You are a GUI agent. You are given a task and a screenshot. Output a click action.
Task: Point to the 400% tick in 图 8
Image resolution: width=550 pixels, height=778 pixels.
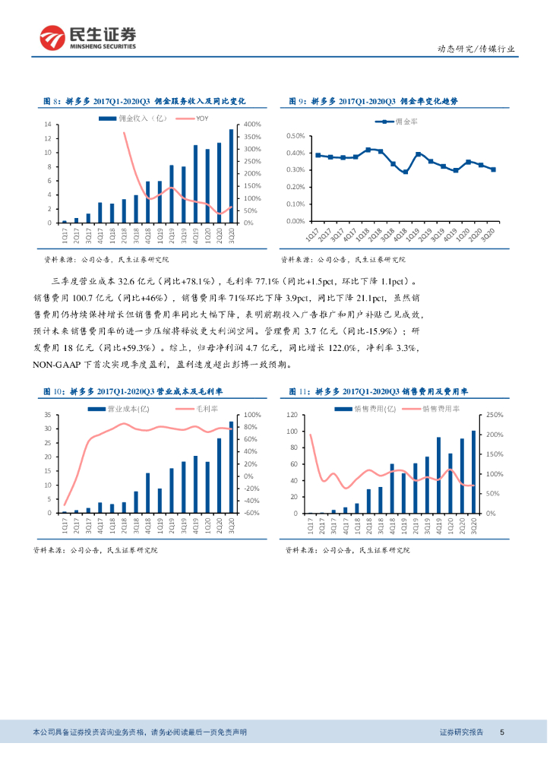tap(253, 125)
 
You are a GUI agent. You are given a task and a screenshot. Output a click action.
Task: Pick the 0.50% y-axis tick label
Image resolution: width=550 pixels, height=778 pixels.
tap(295, 136)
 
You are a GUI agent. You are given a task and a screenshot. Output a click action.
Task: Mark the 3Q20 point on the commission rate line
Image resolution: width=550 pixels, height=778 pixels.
tap(493, 169)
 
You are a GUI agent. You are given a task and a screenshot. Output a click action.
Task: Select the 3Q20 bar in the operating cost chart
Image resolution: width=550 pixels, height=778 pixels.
tap(232, 467)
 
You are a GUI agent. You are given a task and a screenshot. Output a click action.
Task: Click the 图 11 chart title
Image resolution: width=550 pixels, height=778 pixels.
tap(378, 391)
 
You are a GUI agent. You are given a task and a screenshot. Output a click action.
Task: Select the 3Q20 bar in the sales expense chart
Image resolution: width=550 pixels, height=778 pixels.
tap(474, 472)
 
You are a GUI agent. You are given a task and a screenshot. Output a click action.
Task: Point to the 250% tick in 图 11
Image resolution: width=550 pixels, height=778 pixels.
tap(493, 415)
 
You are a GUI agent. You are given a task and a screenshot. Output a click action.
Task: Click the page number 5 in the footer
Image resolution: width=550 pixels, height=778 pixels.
tap(502, 732)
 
